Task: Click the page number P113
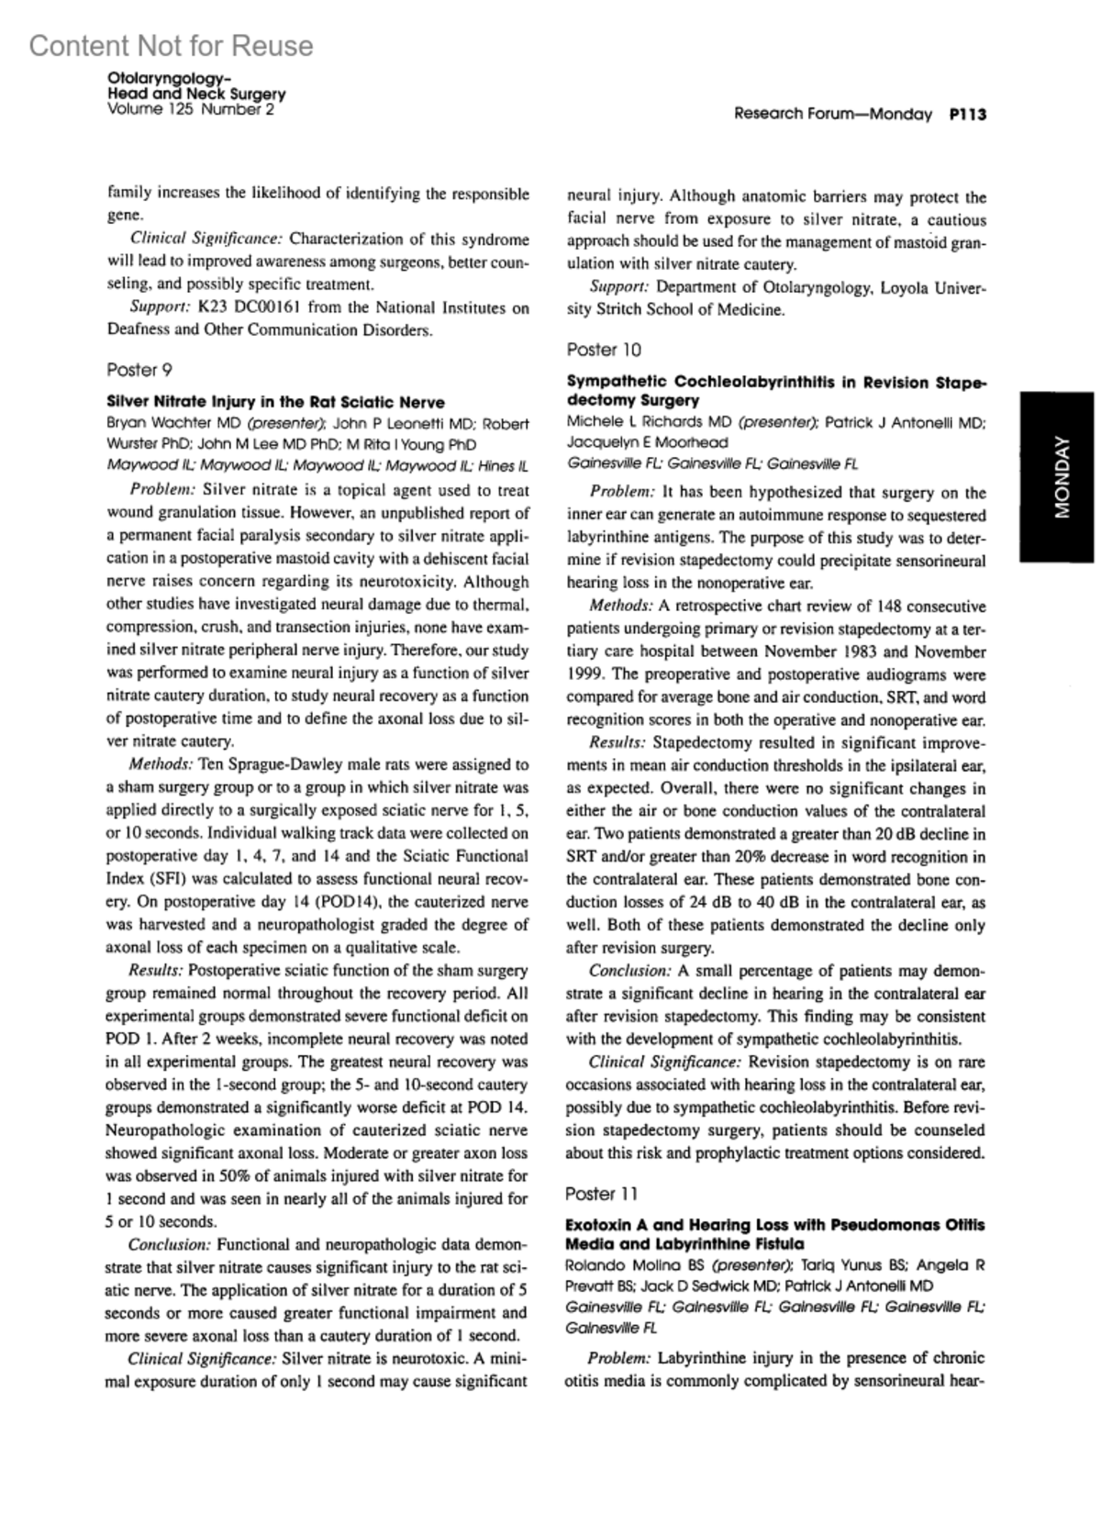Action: [967, 115]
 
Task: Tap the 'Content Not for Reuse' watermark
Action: [171, 46]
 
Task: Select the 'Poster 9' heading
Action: [139, 370]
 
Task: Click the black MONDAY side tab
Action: [1061, 477]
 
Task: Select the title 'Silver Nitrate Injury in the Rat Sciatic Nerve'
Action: [275, 402]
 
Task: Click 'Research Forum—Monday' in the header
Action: [832, 115]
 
